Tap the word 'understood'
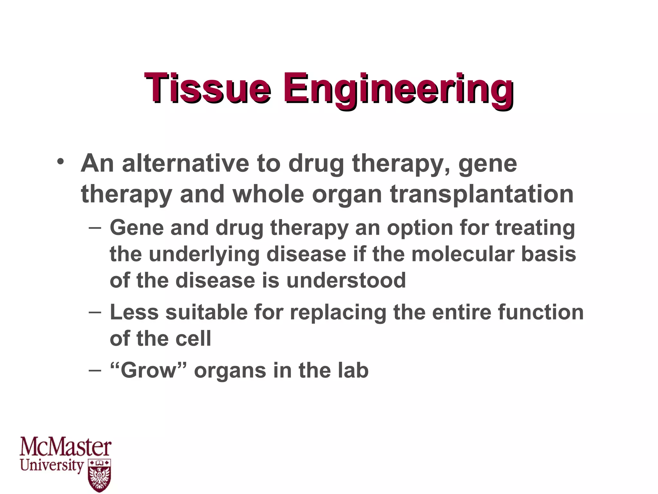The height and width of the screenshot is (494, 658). [346, 280]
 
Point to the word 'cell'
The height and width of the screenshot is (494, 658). [193, 339]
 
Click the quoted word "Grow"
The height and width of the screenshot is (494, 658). [148, 370]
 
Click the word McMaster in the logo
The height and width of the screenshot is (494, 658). [66, 447]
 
